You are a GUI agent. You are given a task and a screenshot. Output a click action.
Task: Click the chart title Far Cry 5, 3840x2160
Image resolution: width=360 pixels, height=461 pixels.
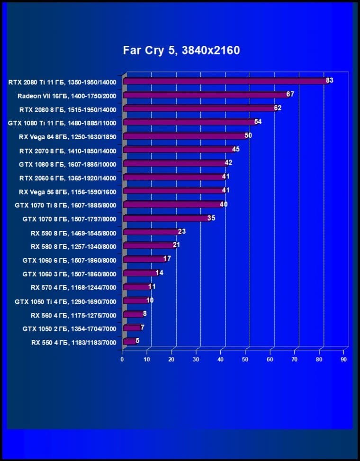click(181, 50)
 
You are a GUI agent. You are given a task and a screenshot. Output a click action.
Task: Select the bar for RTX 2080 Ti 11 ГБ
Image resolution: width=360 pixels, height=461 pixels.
click(225, 81)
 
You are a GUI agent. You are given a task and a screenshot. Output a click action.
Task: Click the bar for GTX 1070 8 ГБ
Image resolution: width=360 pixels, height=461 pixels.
click(165, 219)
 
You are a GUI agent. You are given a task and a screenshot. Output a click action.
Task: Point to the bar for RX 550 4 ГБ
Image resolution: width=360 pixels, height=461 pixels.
click(129, 341)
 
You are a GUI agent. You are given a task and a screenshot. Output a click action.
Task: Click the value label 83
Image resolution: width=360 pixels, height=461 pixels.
click(330, 80)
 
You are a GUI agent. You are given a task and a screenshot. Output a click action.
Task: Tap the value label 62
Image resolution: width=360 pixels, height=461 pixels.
click(278, 108)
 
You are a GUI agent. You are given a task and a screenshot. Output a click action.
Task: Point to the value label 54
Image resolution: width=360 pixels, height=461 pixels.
click(258, 122)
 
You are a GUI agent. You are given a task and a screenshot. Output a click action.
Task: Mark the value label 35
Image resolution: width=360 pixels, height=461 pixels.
click(211, 218)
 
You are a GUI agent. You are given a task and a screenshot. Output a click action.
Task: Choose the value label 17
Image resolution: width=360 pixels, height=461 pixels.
click(167, 259)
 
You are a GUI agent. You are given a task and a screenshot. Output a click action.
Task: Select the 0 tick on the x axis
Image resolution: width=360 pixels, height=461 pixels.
click(122, 360)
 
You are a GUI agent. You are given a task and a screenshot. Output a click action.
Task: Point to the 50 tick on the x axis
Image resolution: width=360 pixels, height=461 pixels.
click(245, 360)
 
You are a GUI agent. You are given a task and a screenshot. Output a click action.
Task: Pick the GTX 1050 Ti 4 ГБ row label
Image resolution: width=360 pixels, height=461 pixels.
click(65, 301)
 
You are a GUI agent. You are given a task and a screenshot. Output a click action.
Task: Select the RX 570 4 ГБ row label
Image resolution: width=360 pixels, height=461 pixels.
click(73, 287)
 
